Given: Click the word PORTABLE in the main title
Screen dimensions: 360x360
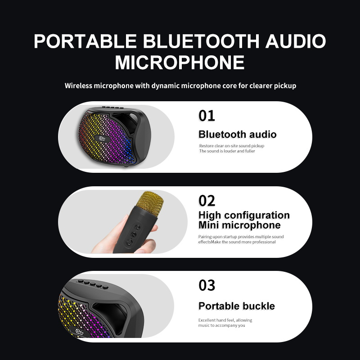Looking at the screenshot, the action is coord(85,41).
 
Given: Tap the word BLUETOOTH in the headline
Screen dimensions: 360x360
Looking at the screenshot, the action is coord(201,41).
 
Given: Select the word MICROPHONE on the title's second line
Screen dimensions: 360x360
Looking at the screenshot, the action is coord(180,62).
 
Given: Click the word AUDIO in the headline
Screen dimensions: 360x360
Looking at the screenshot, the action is coord(296,41).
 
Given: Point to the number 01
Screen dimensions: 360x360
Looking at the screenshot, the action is coord(207,116).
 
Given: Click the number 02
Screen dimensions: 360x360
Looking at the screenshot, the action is coord(207,201).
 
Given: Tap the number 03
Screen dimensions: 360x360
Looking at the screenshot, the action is coord(207,285).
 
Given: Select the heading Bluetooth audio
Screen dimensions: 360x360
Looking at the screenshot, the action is coord(238,134).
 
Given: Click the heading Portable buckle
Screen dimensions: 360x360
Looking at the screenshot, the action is coord(237,306).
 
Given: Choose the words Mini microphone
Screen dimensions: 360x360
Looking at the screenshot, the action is coord(239,225).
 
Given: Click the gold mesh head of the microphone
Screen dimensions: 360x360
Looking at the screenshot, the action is coord(150,203).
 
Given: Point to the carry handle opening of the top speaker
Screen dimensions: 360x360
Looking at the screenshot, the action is coord(126,121).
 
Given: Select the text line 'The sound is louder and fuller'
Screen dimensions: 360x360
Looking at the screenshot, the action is coord(227,151).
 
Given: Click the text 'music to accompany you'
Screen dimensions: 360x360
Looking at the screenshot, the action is coord(221,325).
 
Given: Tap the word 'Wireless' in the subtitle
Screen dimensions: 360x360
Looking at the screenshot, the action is coord(78,85).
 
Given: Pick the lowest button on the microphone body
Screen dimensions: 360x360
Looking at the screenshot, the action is coord(130,242).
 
